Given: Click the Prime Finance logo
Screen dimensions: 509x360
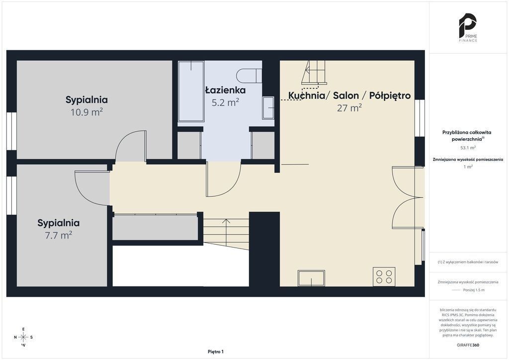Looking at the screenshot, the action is pos(468,27).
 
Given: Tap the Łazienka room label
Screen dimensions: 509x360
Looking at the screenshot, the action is pos(225,90).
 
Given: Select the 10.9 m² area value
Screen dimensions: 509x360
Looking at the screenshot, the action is pos(86,112).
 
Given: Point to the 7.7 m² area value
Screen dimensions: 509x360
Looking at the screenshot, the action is pos(59,235).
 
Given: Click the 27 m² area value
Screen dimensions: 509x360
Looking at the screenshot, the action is pos(349,107).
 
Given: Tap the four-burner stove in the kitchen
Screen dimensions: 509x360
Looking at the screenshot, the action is pos(384,276).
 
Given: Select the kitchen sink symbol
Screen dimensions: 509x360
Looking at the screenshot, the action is pos(311,278).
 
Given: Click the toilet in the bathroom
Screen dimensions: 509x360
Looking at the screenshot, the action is pos(249,76).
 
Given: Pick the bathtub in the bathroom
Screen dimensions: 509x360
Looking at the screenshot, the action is pos(191,91).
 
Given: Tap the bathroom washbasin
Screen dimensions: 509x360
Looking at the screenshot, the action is pos(268,108).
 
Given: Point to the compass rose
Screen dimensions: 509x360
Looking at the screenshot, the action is pos(23,337).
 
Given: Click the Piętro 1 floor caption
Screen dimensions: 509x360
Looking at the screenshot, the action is pos(216,352).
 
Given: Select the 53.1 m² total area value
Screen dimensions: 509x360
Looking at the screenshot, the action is pos(468,148).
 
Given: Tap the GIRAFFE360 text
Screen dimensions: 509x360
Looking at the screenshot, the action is pos(468,345).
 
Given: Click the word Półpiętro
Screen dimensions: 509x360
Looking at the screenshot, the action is pos(390,95).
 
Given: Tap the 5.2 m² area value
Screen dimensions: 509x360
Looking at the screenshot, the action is pos(225,102).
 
